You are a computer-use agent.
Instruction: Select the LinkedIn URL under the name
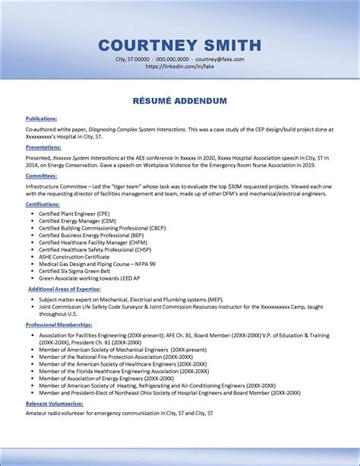[180, 66]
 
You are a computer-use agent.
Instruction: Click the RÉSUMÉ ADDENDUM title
[180, 100]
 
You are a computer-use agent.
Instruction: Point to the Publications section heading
[41, 119]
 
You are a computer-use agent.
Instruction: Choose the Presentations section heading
[43, 147]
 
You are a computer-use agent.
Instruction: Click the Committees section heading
[41, 176]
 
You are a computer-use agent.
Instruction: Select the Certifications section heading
[43, 204]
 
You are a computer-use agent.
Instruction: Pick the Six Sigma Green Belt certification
[75, 271]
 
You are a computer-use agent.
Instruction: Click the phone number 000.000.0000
[172, 59]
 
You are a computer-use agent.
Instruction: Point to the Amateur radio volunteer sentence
[119, 414]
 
